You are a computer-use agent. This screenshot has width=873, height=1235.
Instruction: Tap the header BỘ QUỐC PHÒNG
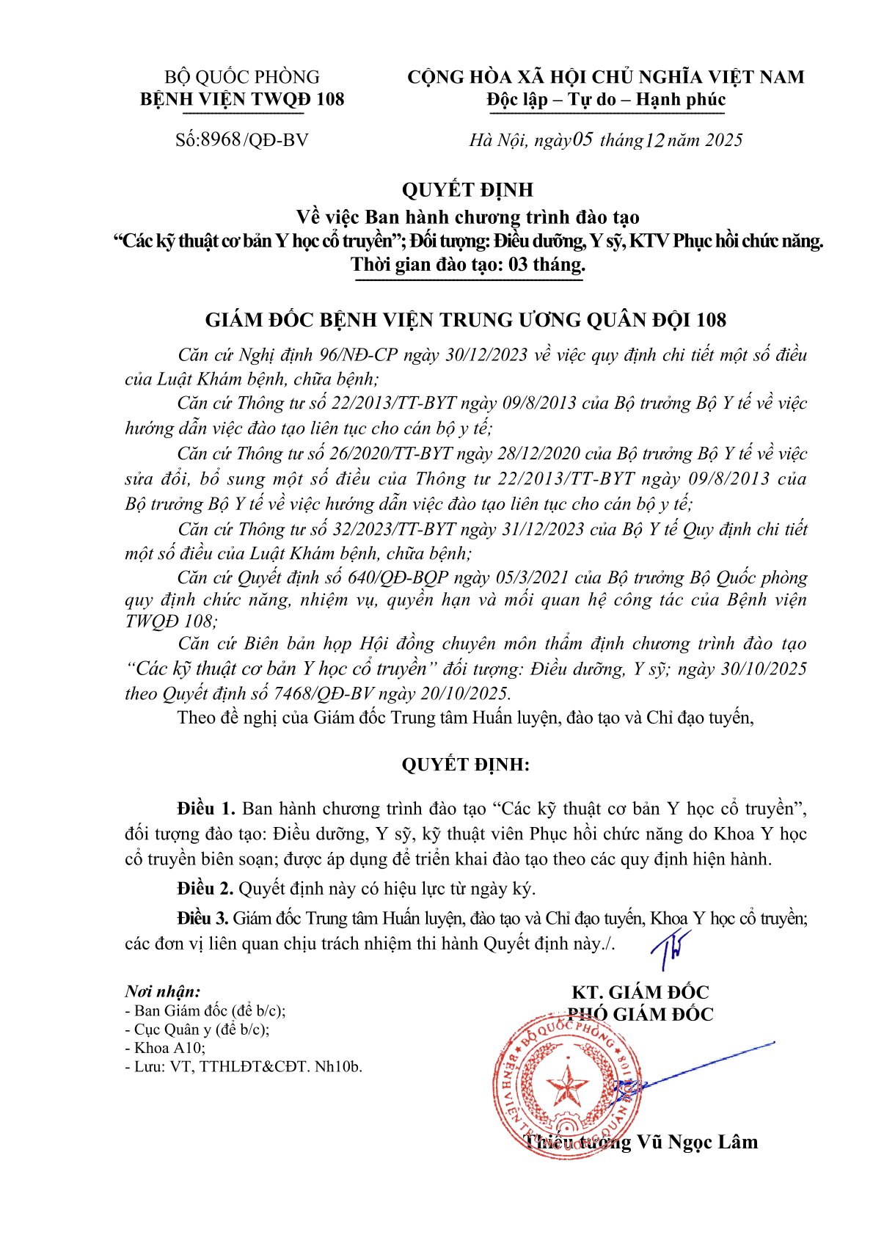[242, 77]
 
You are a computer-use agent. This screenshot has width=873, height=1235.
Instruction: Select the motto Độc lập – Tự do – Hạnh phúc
[606, 100]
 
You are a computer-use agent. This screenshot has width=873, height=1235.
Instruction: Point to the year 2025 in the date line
[723, 140]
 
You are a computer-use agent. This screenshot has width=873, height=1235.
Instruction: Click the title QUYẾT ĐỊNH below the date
[467, 190]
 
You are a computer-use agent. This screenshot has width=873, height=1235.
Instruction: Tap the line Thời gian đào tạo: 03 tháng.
[467, 265]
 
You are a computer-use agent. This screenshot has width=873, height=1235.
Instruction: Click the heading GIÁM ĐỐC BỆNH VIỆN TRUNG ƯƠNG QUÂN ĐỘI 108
[466, 320]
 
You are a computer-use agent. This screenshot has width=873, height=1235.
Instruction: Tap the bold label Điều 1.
[205, 809]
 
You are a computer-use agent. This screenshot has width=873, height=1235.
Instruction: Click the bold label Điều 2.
[205, 889]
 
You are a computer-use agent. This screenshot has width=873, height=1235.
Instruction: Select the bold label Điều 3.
[203, 918]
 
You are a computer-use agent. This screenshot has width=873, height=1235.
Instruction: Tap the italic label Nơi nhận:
[162, 991]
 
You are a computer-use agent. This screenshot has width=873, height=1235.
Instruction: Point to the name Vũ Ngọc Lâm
[697, 1142]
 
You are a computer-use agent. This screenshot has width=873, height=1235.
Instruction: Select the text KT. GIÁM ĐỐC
[640, 992]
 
